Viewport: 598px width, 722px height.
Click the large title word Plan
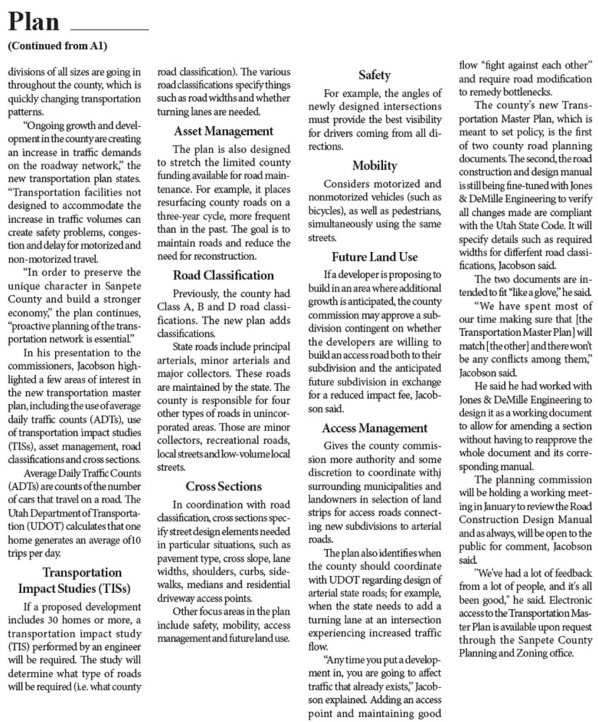tap(33, 23)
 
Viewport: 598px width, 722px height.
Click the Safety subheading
tap(374, 75)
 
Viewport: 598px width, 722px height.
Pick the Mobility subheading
tap(374, 166)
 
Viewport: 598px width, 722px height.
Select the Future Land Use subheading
tap(374, 257)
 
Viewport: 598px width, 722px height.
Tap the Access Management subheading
tap(374, 428)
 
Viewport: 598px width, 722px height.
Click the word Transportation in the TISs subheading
tap(81, 572)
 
